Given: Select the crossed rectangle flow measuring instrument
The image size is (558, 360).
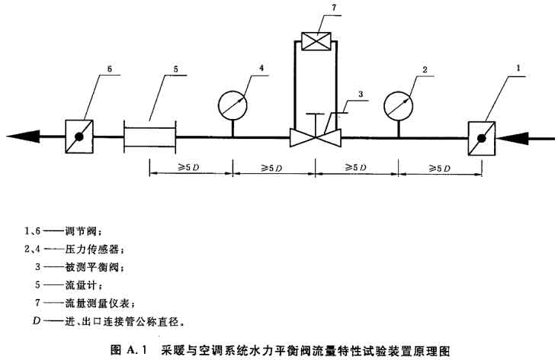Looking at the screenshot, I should pos(315,40).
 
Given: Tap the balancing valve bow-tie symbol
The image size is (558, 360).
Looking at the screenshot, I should pos(315,138).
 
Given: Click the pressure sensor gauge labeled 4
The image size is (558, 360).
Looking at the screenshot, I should pos(232,103).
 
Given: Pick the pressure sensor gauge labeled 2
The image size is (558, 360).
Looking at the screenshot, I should pos(397,103).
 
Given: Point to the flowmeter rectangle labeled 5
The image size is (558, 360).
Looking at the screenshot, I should pos(149,137).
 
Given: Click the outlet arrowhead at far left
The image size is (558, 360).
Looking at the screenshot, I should pos(23,137).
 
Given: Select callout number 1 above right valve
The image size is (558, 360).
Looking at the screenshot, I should pos(519,68).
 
